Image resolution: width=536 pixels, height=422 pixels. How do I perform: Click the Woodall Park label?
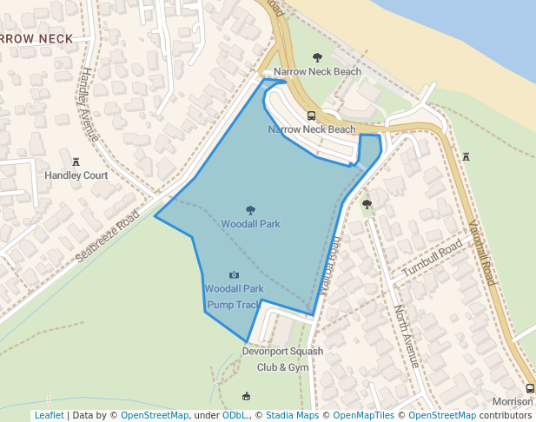pos(250,224)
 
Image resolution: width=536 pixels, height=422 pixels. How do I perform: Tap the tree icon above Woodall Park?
pos(250,210)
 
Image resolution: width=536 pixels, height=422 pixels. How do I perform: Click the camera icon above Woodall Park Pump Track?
pos(234,275)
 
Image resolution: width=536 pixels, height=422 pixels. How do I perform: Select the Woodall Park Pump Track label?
pos(234,297)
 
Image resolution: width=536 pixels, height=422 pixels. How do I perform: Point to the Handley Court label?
pos(76,175)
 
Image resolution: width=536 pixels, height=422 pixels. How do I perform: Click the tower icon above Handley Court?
pos(76,162)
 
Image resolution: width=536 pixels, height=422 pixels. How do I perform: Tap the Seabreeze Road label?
pos(107,234)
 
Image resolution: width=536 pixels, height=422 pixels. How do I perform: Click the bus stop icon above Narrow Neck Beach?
pos(311,115)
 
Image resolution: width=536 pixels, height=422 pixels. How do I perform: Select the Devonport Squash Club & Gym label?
pos(282,359)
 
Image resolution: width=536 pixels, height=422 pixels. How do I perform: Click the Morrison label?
pos(513,402)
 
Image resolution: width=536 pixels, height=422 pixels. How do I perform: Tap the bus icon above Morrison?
pos(530,388)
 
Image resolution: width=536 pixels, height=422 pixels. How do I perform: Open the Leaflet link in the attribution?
pos(50,415)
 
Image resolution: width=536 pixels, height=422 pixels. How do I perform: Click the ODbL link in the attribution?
pos(235,415)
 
